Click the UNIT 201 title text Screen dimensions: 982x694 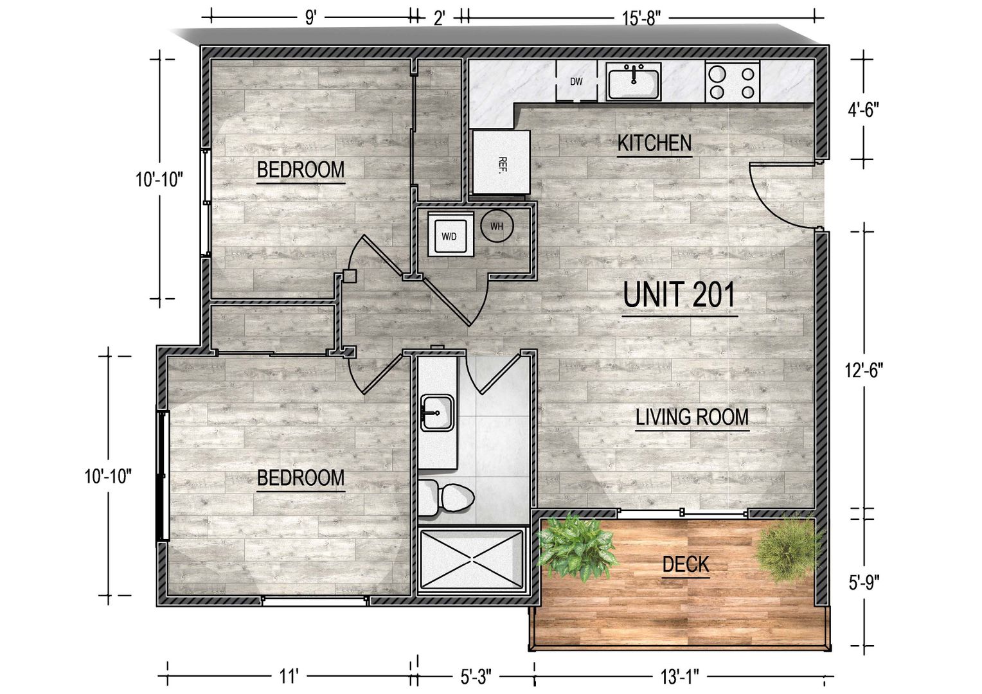[679, 294]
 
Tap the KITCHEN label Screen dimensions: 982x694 [654, 143]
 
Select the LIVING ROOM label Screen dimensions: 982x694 [692, 417]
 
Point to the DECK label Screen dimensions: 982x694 [686, 564]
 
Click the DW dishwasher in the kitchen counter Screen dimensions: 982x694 [576, 81]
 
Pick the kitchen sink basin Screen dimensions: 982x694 [634, 81]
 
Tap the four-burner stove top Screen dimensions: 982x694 [733, 82]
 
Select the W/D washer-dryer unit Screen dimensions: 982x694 [451, 236]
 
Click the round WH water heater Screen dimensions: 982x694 [497, 226]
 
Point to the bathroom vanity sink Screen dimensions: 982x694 [438, 413]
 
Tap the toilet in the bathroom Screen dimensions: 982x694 [446, 497]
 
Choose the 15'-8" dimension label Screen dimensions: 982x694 [641, 19]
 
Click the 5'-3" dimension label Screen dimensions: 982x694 [476, 677]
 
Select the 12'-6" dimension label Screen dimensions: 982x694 [864, 371]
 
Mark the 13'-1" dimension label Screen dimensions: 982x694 [680, 677]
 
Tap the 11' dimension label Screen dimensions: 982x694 [289, 677]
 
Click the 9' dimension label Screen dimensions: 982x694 [311, 19]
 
